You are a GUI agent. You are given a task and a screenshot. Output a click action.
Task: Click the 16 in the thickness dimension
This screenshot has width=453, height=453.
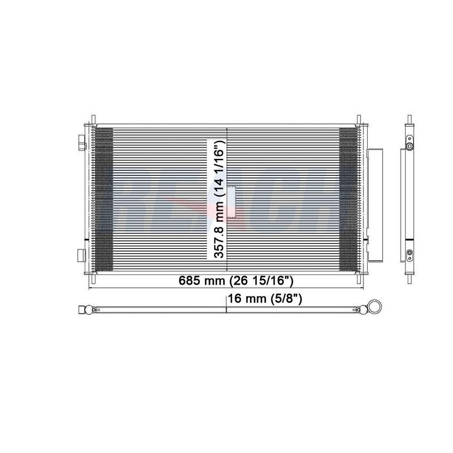(234, 299)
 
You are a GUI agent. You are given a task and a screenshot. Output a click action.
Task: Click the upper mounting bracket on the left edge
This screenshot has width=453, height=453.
(82, 142)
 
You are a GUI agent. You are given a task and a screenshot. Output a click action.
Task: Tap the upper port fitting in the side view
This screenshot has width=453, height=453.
(409, 144)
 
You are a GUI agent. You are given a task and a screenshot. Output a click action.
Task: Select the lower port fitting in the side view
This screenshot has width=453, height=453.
(409, 254)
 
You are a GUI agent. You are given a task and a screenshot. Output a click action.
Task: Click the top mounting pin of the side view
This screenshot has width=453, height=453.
(409, 118)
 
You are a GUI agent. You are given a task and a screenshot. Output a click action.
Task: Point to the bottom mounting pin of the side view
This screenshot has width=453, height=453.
(409, 278)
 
